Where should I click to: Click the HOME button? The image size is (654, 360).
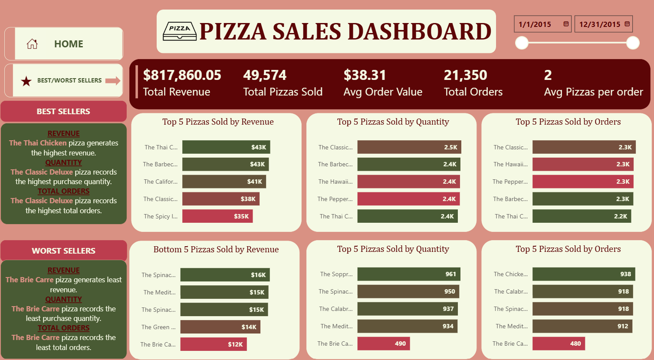64,44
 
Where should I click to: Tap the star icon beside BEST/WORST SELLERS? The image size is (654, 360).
26,81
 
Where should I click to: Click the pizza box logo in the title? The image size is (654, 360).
179,31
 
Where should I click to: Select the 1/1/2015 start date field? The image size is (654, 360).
538,24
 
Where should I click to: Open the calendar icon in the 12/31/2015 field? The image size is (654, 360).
627,24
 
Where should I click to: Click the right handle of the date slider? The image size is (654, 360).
633,43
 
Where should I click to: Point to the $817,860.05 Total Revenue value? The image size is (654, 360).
182,75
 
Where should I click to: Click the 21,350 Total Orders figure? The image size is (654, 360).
465,75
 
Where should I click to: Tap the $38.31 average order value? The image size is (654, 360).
365,75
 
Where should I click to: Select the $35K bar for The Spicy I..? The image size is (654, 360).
217,216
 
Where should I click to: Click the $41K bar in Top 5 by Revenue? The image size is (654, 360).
224,182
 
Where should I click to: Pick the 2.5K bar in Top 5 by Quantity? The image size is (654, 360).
409,147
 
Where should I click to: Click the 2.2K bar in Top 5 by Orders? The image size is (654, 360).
582,216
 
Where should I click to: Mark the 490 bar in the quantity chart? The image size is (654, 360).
384,343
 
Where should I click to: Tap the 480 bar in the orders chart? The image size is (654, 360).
559,343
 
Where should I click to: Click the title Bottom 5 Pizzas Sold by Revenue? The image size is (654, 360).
216,249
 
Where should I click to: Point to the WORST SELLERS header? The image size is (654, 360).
63,251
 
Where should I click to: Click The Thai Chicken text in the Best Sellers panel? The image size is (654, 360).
38,143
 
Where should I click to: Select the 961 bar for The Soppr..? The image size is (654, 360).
409,274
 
